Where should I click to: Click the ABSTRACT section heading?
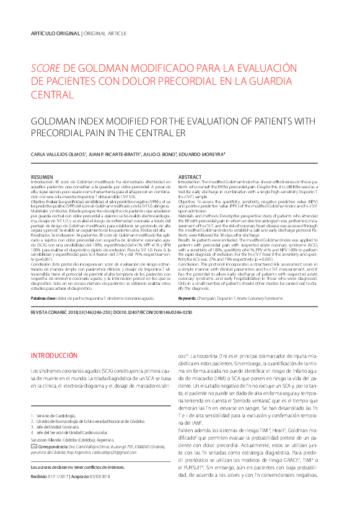tap(190, 177)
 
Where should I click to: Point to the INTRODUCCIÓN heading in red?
tap(61, 355)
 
